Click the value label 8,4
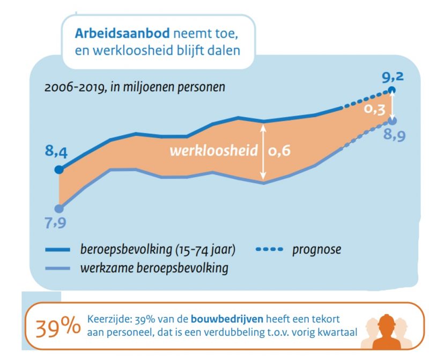[x=56, y=151]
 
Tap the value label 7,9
[x=55, y=223]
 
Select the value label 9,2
[x=393, y=77]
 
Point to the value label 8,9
[x=394, y=135]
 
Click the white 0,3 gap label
[x=374, y=109]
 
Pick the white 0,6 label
[x=279, y=151]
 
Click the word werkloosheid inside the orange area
[x=213, y=151]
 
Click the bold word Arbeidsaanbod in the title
[x=122, y=33]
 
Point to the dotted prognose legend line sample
[x=269, y=249]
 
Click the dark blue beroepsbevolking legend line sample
[x=58, y=249]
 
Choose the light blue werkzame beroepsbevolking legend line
[x=58, y=269]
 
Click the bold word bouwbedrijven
[x=227, y=319]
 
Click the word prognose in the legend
[x=316, y=250]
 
